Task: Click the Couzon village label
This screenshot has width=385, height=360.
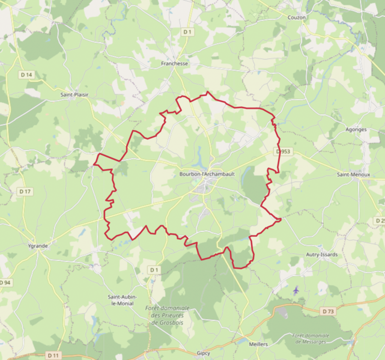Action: click(297, 17)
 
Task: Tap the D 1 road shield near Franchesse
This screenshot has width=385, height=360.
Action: click(188, 31)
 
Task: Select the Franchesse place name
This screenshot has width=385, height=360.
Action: click(175, 63)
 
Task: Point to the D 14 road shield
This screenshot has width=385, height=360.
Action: click(26, 75)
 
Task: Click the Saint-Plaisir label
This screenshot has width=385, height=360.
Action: click(74, 94)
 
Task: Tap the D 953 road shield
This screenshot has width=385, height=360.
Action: click(283, 152)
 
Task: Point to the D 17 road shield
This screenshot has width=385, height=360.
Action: click(25, 192)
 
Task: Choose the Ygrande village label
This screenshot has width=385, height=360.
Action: click(38, 246)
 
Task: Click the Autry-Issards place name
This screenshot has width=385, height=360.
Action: click(321, 254)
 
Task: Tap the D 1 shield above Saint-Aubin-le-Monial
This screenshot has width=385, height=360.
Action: click(154, 270)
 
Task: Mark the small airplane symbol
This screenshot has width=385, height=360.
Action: click(296, 290)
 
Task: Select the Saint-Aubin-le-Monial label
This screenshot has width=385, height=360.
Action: click(122, 300)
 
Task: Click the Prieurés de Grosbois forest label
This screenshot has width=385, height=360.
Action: click(167, 315)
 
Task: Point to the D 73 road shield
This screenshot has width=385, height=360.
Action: click(327, 311)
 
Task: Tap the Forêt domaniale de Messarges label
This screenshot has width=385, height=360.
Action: click(311, 338)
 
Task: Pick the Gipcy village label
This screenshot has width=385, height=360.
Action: click(204, 353)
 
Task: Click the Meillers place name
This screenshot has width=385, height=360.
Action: click(258, 344)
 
